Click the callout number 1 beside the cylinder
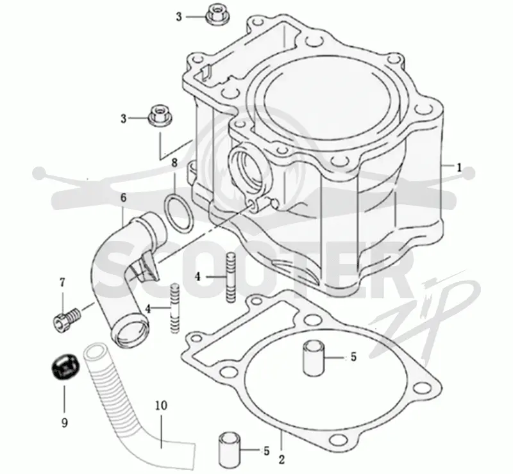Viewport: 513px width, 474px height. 458,168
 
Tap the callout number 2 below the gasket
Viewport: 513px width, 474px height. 282,459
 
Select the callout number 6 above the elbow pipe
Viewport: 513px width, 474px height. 123,197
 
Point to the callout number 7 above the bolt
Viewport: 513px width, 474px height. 62,282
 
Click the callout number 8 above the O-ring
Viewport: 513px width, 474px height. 174,162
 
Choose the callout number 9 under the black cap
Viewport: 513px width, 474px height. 65,423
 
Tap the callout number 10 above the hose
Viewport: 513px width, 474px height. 161,405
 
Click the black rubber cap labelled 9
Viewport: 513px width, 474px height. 64,366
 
